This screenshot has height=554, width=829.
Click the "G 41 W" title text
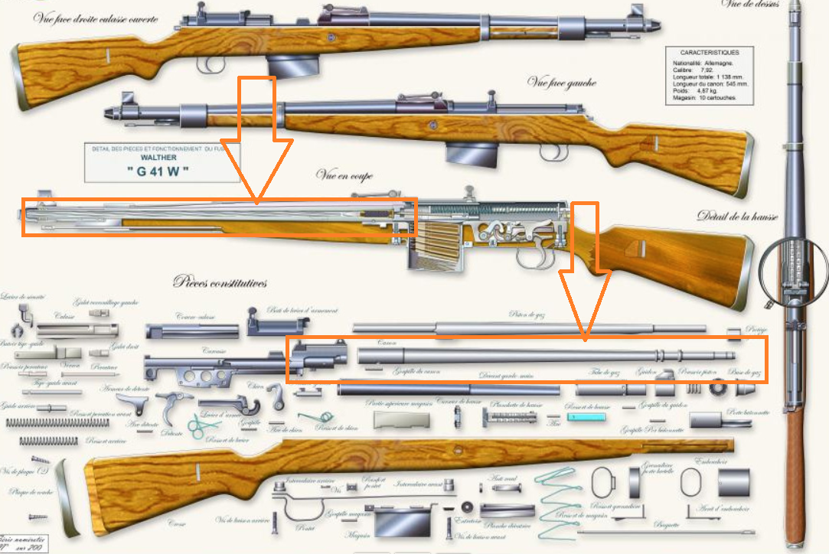[x=157, y=171]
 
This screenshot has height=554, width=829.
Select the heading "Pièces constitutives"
[x=220, y=283]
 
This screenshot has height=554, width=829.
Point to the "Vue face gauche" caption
[x=561, y=83]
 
